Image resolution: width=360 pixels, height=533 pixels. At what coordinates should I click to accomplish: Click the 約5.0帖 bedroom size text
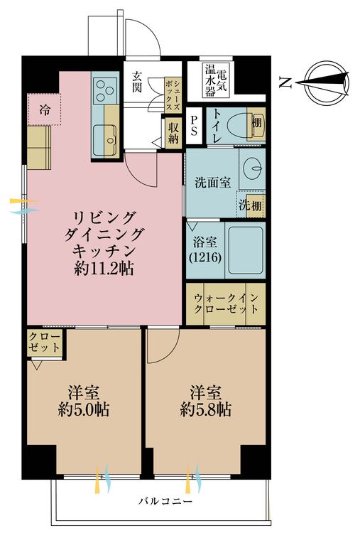84,410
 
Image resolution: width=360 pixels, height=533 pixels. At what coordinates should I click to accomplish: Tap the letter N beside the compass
285,84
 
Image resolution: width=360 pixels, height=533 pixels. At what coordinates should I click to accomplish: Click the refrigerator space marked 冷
45,109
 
